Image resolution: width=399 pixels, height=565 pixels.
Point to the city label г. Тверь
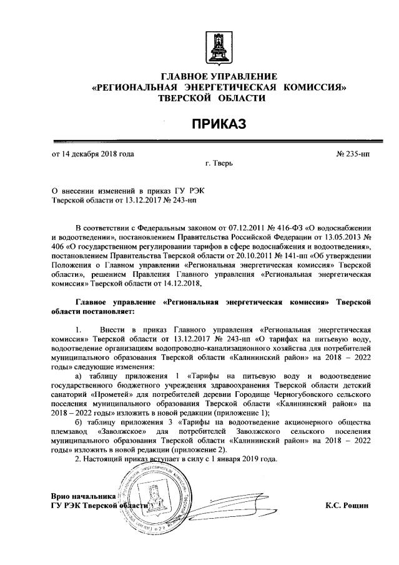click(x=219, y=165)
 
